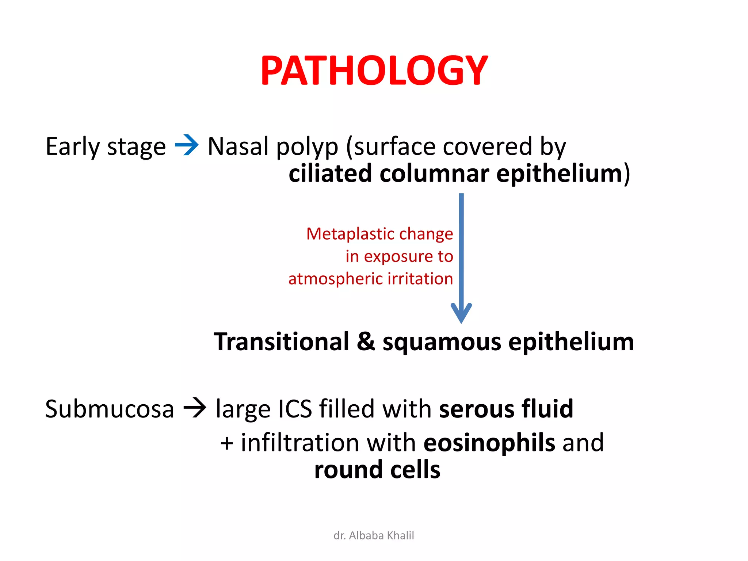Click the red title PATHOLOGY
(x=374, y=71)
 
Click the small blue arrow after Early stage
(x=187, y=145)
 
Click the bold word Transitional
(x=282, y=342)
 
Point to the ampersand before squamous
(x=366, y=342)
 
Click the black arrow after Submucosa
(x=195, y=408)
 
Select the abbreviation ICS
(x=295, y=409)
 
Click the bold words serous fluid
(x=506, y=409)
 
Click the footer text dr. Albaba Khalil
(x=374, y=535)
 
